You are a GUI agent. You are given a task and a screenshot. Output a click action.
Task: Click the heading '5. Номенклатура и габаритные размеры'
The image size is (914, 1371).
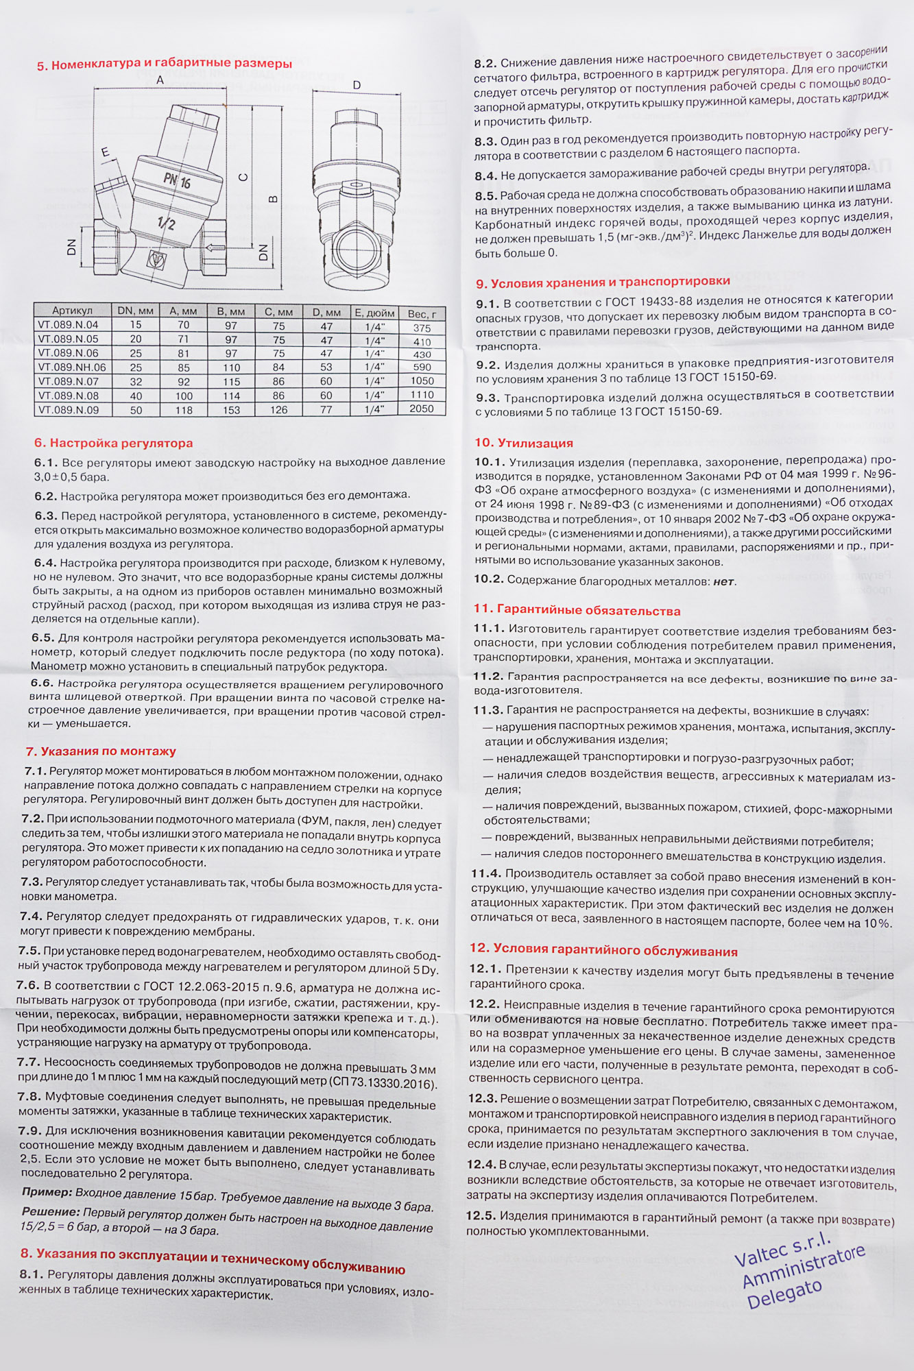click(x=165, y=64)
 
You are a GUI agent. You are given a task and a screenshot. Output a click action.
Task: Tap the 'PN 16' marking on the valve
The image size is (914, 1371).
click(x=177, y=181)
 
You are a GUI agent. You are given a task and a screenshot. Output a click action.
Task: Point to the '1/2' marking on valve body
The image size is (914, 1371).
click(x=166, y=223)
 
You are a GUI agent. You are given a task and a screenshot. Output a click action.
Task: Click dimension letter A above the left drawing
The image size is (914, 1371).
click(x=160, y=80)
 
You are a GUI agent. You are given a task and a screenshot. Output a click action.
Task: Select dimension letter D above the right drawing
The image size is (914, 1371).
click(x=357, y=85)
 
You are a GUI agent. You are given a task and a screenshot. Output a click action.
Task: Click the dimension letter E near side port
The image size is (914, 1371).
click(x=105, y=152)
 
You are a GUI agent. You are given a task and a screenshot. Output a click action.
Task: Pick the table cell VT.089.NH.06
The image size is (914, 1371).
click(x=72, y=367)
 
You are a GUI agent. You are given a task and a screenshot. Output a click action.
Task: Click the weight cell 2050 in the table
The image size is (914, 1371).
click(x=422, y=409)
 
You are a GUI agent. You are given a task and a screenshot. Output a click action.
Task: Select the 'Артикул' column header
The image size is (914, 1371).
click(x=72, y=311)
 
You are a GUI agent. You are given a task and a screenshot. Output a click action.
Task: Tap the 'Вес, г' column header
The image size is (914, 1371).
click(x=422, y=314)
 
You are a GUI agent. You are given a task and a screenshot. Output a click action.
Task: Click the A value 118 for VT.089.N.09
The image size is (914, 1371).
click(x=184, y=409)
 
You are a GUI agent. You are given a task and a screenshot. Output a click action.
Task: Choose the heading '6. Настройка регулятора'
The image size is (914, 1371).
click(x=114, y=443)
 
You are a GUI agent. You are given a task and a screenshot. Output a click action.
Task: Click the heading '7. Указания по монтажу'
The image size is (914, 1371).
click(x=101, y=751)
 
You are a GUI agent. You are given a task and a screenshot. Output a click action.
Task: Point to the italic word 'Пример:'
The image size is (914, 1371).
click(x=47, y=1191)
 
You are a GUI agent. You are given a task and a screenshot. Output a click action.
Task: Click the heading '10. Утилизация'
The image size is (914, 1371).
click(x=524, y=443)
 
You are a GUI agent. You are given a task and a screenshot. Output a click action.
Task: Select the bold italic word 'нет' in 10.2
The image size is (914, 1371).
click(x=723, y=582)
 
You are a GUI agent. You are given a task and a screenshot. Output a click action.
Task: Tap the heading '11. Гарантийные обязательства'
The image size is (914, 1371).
click(x=577, y=610)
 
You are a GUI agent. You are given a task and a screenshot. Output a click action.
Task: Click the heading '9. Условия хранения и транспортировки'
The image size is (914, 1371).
click(x=603, y=282)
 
